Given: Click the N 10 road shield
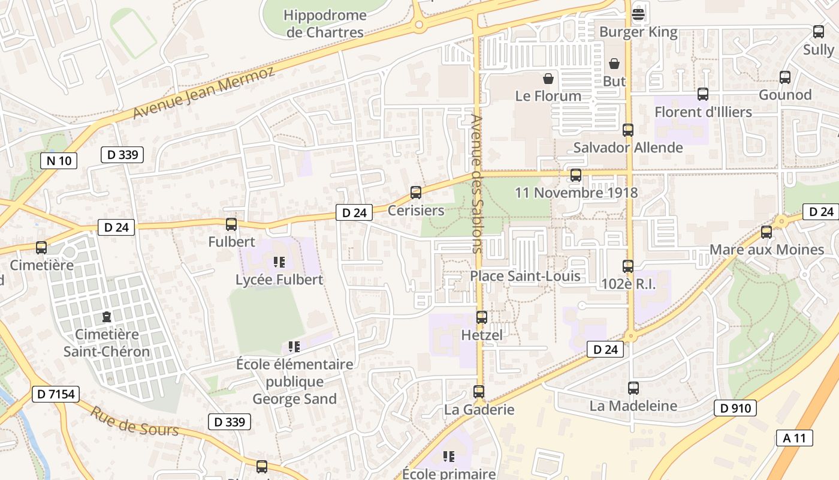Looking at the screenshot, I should pos(59,160).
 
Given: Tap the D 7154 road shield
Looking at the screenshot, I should pos(56,394).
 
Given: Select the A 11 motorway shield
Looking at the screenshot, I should pos(795,437).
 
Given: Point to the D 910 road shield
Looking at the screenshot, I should pos(735,409).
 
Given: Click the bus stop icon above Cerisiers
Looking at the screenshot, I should pos(415,193).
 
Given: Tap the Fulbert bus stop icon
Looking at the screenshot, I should pos(231,224).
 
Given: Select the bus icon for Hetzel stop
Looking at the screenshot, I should pos(481,317).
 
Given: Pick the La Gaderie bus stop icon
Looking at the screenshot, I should pos(478,392).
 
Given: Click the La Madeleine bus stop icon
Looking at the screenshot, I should pos(633,388).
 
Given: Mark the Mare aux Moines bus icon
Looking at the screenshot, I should pos(766,232).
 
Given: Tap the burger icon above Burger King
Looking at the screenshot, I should pos(638,14).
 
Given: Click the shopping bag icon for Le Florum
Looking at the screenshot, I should pos(548,78).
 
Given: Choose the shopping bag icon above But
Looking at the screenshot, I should pos(614,64).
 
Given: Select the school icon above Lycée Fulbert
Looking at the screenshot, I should pos(279,262).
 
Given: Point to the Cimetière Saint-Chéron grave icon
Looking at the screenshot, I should pos(107,316).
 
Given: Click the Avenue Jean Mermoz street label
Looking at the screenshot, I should pos(203,93).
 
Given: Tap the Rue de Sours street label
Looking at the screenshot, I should pos(134,421).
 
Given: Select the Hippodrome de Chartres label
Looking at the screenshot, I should pos(325,23).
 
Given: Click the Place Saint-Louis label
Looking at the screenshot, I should pos(525,275).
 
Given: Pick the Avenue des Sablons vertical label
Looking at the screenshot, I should pos(477,184).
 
